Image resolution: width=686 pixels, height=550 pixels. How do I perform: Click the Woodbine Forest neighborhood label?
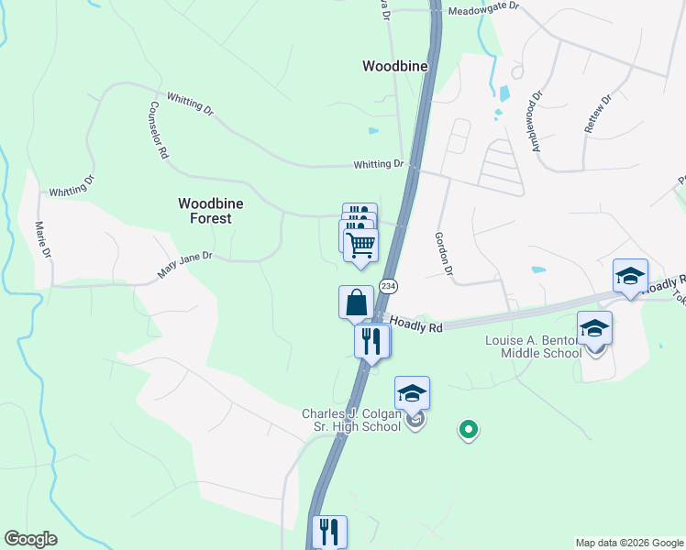pyautogui.click(x=205, y=211)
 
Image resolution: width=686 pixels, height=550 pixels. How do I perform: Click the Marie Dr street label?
pyautogui.click(x=41, y=243)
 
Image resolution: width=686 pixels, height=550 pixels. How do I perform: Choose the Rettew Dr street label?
pyautogui.click(x=597, y=115)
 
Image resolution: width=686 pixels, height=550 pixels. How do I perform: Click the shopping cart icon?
pyautogui.click(x=360, y=245)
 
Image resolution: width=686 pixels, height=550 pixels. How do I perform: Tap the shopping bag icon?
pyautogui.click(x=356, y=302)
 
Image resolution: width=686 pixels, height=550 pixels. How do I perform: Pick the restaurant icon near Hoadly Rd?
pyautogui.click(x=371, y=341)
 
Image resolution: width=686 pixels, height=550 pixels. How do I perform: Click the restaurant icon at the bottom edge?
pyautogui.click(x=329, y=532)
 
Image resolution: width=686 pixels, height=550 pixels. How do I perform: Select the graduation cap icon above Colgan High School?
pyautogui.click(x=412, y=393)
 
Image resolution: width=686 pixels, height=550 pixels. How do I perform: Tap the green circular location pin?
pyautogui.click(x=469, y=428)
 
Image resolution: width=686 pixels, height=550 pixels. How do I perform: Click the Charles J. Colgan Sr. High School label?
pyautogui.click(x=353, y=421)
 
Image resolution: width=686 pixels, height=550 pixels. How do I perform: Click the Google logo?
pyautogui.click(x=30, y=539)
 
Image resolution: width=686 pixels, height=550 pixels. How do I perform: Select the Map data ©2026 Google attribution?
pyautogui.click(x=628, y=543)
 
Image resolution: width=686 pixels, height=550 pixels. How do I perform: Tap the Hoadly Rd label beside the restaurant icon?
pyautogui.click(x=416, y=324)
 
